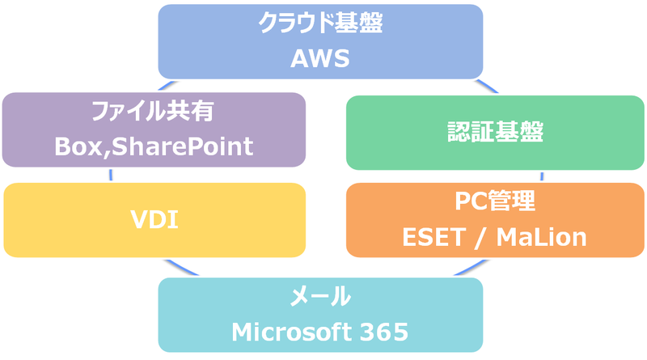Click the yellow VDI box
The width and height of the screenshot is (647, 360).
tap(154, 218)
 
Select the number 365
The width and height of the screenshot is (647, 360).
tap(383, 332)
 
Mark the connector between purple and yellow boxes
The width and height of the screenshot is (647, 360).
tap(106, 175)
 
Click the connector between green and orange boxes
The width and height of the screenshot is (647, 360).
tap(541, 176)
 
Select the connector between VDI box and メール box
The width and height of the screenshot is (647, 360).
tap(170, 265)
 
